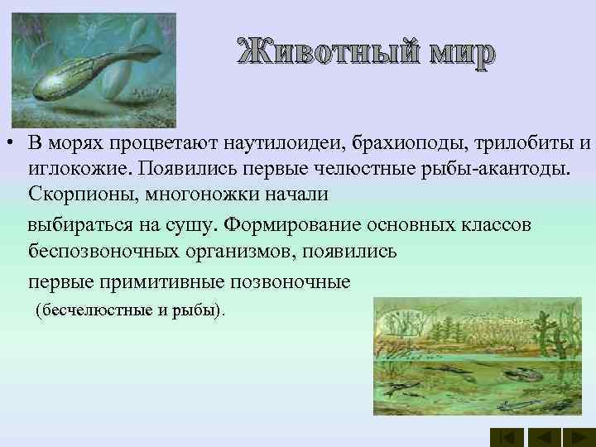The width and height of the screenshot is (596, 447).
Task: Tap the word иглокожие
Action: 79,169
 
